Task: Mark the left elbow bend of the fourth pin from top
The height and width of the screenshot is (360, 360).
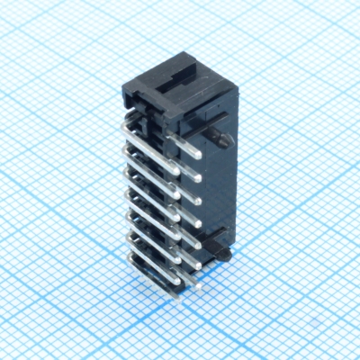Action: coord(128,192)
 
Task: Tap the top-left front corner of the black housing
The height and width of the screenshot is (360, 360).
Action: coord(123,88)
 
